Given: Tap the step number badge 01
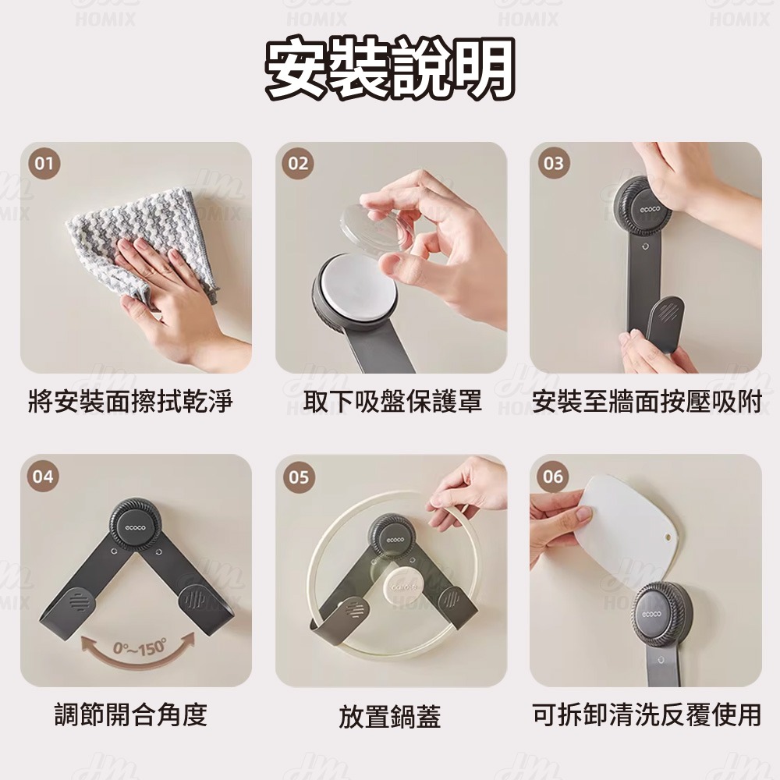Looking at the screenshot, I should (44, 164).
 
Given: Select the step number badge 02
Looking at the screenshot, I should (298, 164).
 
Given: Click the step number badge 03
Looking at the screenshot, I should (553, 164).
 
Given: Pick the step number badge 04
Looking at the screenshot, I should (44, 477).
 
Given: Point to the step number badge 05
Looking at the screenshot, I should (298, 477).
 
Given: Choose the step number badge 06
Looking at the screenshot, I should (553, 477).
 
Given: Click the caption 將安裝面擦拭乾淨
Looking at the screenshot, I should (130, 402).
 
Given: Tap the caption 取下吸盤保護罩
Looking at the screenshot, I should (392, 402).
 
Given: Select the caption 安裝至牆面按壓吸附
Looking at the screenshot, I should (647, 402).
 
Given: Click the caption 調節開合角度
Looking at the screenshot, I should (130, 714).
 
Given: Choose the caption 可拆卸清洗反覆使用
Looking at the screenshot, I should (647, 714).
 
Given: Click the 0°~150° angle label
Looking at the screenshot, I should (140, 648).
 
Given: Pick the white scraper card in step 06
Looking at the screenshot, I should (629, 530).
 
